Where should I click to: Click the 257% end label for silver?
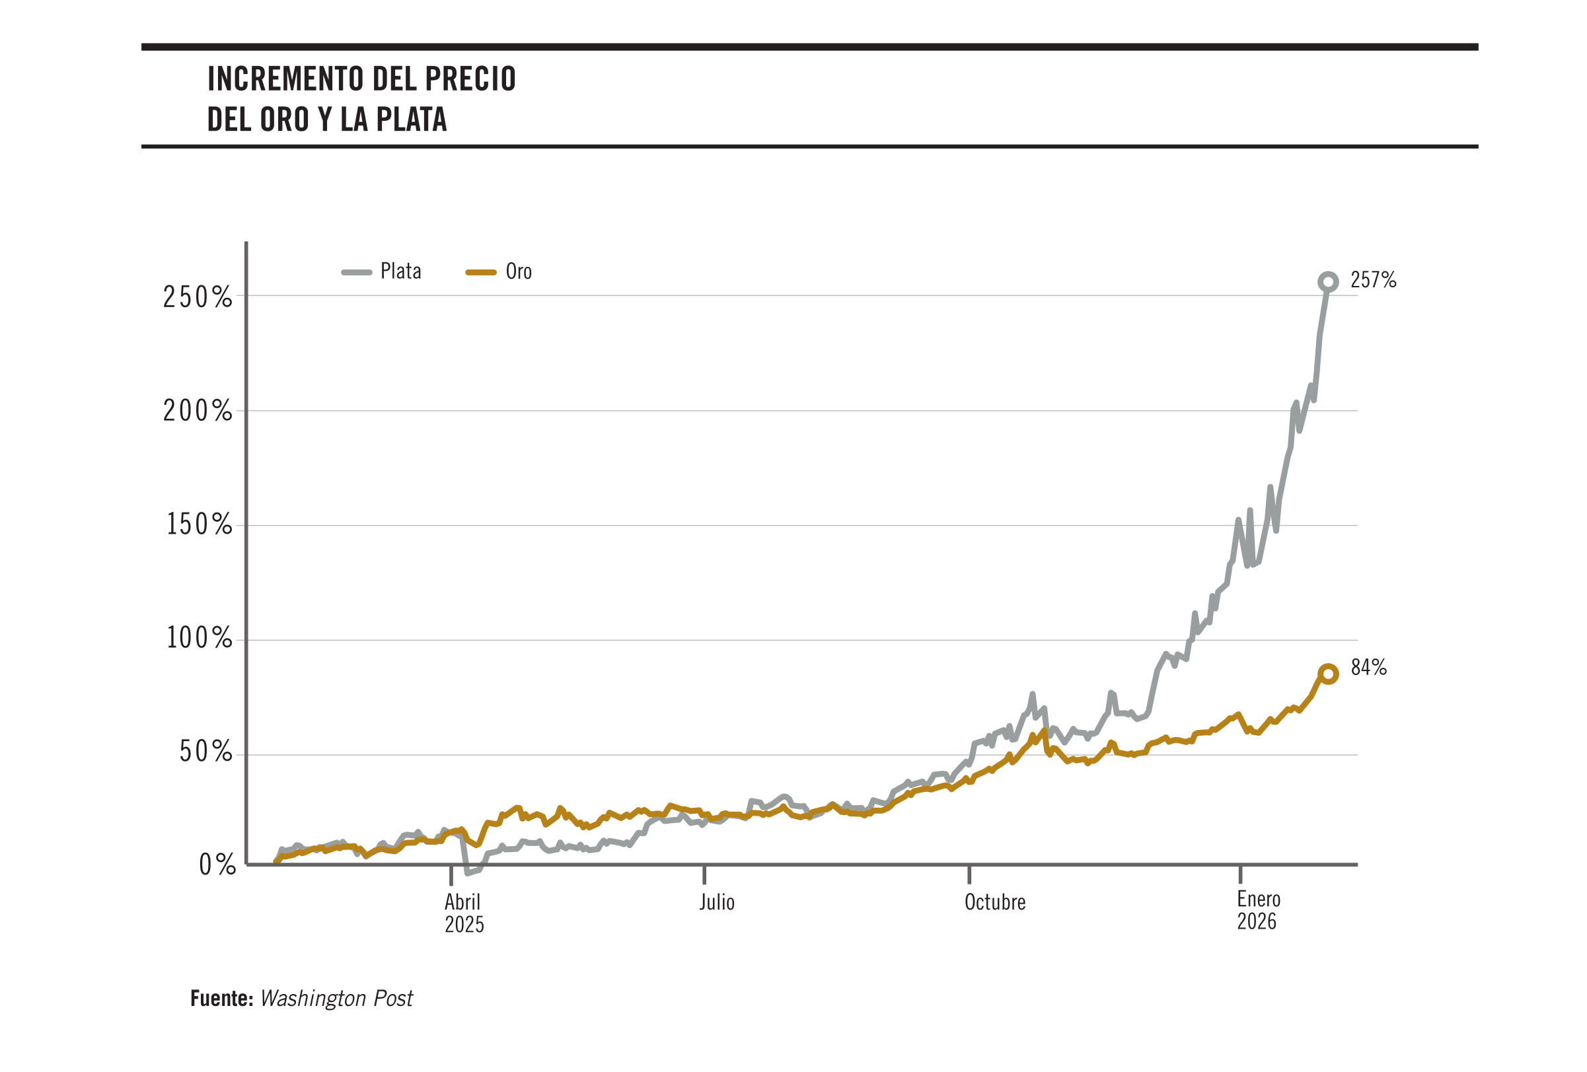click(x=1372, y=280)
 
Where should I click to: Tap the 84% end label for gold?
click(x=1368, y=668)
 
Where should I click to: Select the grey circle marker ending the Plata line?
click(x=1327, y=281)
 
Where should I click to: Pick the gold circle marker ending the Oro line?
click(x=1327, y=674)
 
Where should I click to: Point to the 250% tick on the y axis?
click(x=198, y=297)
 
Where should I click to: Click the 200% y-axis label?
click(x=198, y=411)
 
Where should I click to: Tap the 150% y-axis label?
click(x=199, y=524)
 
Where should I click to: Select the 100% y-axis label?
click(x=199, y=639)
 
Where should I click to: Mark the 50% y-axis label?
click(x=205, y=752)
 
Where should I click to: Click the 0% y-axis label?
click(x=217, y=865)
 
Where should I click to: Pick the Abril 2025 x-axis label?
click(x=464, y=913)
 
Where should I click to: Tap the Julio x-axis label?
click(x=716, y=903)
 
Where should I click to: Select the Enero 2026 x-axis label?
click(x=1258, y=910)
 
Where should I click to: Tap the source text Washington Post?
click(x=336, y=999)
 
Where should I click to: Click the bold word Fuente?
click(x=221, y=999)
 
